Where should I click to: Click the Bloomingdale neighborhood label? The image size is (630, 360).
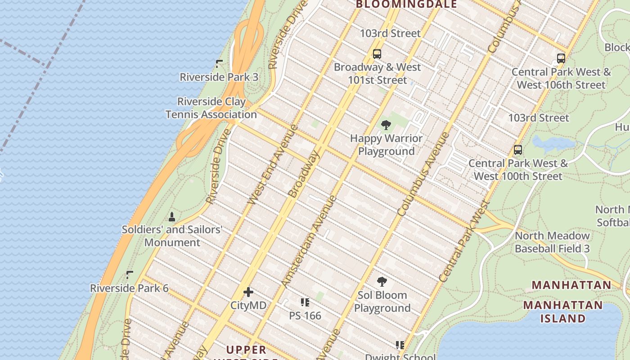tap(406, 4)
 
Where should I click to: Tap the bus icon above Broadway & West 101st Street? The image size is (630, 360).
tap(377, 54)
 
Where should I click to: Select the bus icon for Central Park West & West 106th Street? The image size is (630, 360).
tap(561, 58)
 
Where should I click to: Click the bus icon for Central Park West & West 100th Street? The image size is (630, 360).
tap(518, 150)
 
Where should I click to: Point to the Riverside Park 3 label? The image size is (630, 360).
tap(219, 77)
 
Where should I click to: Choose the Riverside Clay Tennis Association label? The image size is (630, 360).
tap(211, 108)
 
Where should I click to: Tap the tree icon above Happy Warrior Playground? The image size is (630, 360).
tap(386, 125)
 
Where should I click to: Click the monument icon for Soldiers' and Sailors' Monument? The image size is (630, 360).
tap(171, 217)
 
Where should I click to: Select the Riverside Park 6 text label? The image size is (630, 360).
tap(129, 288)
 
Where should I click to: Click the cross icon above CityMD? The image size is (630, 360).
tap(248, 292)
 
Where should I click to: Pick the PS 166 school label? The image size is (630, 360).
tap(305, 315)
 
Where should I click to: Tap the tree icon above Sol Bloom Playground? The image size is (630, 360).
tap(382, 282)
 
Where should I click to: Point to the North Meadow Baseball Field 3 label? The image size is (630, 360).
tap(552, 242)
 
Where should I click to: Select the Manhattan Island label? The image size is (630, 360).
tap(562, 312)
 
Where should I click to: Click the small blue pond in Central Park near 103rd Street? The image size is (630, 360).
tap(553, 143)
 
